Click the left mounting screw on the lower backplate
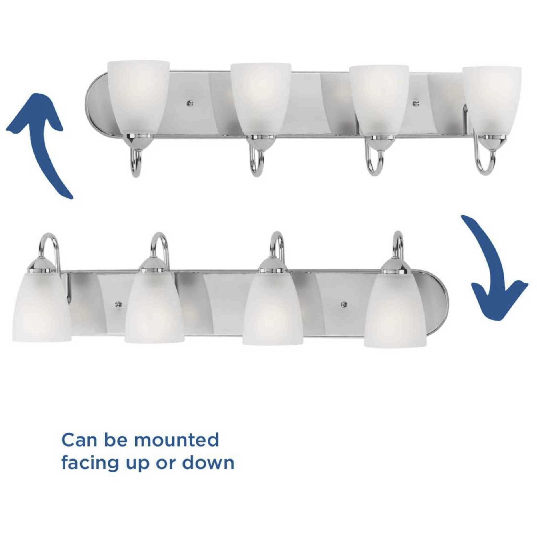[x=117, y=303]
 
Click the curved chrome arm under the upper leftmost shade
[x=136, y=163]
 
